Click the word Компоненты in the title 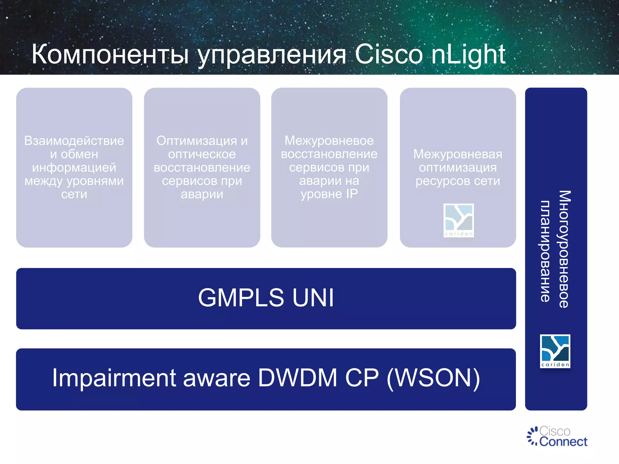tap(110, 54)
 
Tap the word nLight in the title tap(468, 54)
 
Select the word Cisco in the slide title tap(389, 54)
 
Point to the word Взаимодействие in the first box tap(74, 141)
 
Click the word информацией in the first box tap(74, 167)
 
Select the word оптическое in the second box tap(202, 154)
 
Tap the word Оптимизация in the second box tap(196, 141)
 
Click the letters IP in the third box tap(352, 194)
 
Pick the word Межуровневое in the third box tap(329, 140)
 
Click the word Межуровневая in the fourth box tap(458, 154)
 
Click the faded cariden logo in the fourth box tap(459, 220)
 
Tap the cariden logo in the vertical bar tap(555, 351)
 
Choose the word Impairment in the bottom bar tap(114, 378)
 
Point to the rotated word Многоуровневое tap(564, 249)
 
